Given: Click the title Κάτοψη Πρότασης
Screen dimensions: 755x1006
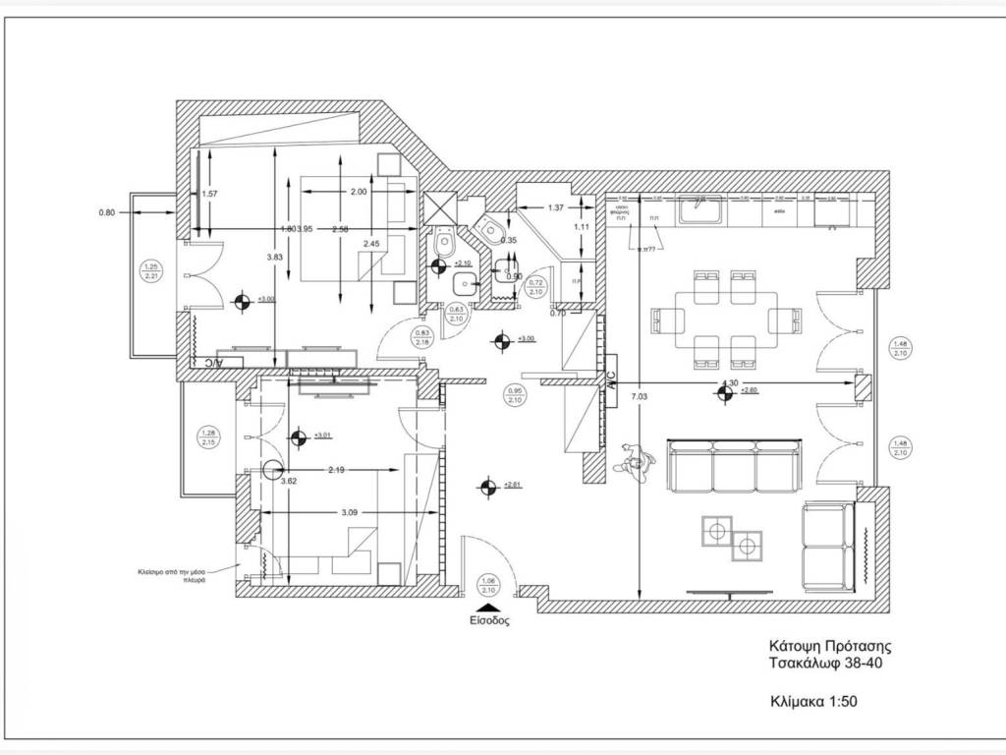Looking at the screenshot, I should pyautogui.click(x=829, y=647).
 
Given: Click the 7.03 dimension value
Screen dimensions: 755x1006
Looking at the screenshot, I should pyautogui.click(x=640, y=396).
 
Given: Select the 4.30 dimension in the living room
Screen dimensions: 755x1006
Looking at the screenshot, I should pyautogui.click(x=730, y=382).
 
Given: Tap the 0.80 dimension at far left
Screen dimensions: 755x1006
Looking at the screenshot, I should pyautogui.click(x=107, y=212).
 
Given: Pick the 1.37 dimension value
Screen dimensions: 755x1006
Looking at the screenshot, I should pyautogui.click(x=555, y=207).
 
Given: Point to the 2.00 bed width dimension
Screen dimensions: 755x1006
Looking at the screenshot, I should pyautogui.click(x=357, y=192).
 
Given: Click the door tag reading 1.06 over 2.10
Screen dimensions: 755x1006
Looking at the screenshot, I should pyautogui.click(x=488, y=586).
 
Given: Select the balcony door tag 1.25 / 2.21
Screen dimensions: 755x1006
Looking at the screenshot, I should pyautogui.click(x=151, y=272).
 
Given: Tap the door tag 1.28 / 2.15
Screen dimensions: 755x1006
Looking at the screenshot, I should pyautogui.click(x=207, y=437).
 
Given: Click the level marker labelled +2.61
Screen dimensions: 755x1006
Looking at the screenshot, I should pyautogui.click(x=484, y=485).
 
